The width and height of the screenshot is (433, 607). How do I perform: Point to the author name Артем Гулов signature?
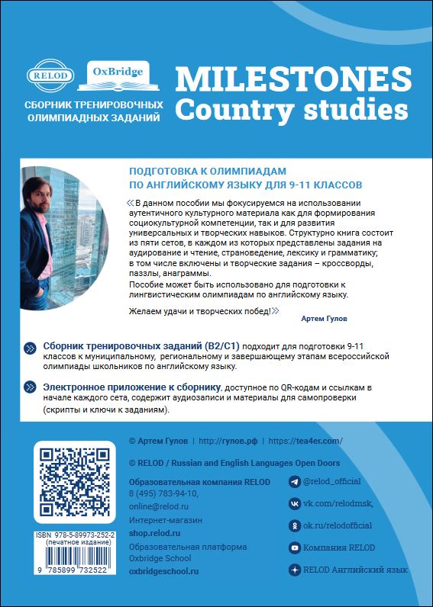[325, 318]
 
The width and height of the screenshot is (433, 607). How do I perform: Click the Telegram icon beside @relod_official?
[294, 482]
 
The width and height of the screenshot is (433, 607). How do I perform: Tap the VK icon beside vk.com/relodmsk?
[294, 503]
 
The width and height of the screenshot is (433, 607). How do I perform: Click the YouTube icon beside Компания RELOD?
[294, 548]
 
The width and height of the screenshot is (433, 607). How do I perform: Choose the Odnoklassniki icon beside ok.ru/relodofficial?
[294, 525]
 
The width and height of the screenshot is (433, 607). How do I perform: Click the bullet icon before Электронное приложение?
[30, 387]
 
